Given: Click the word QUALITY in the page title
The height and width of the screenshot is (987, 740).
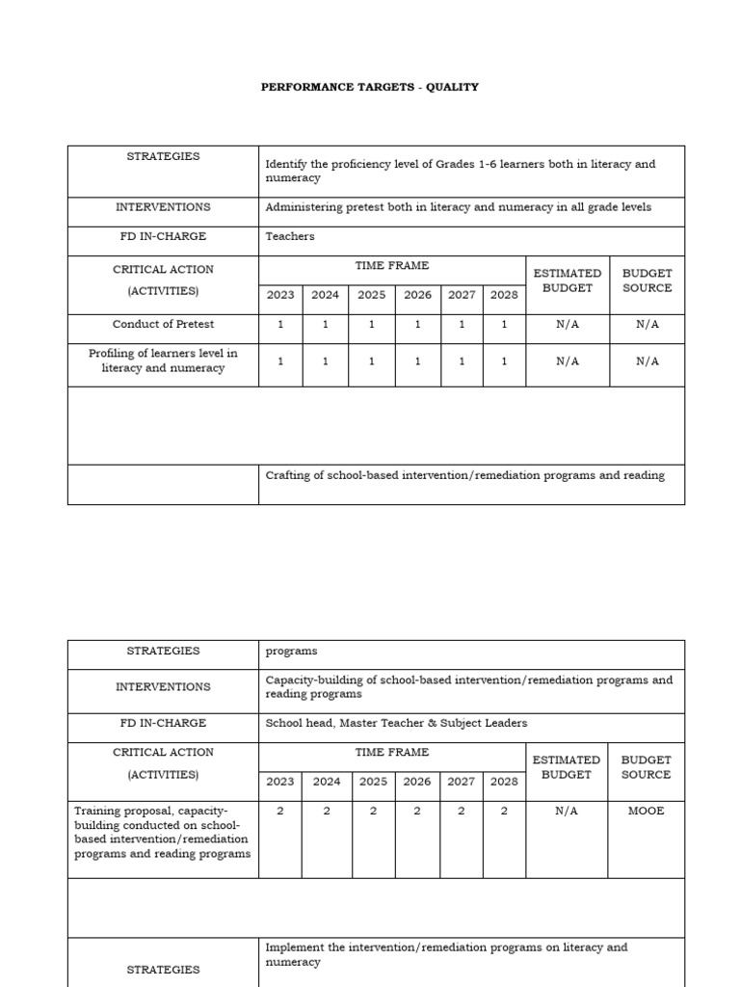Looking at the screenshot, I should click(453, 87).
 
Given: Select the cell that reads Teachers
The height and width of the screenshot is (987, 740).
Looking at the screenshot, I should click(290, 236).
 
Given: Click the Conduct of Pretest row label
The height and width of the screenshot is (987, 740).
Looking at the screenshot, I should click(163, 325).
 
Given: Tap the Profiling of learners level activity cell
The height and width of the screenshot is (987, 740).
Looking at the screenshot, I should click(163, 360).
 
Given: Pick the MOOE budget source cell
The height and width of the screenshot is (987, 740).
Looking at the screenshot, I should click(646, 811).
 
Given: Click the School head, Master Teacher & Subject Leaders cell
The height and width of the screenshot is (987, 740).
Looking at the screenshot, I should click(396, 723).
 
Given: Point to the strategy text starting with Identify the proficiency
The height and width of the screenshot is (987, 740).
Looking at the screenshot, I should click(460, 171).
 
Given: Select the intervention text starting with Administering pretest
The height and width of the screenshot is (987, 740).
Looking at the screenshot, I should click(458, 207).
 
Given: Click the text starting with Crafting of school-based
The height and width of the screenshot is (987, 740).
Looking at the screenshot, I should click(464, 475).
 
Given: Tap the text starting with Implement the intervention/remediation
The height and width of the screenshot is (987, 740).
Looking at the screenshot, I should click(446, 954).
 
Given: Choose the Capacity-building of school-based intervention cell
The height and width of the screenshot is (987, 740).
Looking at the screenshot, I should click(468, 686).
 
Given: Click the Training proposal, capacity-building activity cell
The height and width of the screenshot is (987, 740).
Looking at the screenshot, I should click(163, 832).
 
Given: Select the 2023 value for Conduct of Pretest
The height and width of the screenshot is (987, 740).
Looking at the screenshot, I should click(280, 325).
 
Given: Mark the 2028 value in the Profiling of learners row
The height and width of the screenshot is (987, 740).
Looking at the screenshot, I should click(504, 360).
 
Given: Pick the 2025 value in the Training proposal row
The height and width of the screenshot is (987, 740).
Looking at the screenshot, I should click(373, 811).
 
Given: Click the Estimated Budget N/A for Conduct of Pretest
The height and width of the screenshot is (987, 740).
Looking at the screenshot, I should click(568, 325).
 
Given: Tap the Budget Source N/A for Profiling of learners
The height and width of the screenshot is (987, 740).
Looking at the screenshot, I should click(647, 360).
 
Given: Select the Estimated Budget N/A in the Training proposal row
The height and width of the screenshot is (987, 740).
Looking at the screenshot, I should click(567, 811).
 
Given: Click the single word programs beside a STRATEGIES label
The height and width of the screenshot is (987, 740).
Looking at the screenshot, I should click(291, 651).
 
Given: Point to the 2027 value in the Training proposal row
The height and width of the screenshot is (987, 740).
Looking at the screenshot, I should click(462, 811).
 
